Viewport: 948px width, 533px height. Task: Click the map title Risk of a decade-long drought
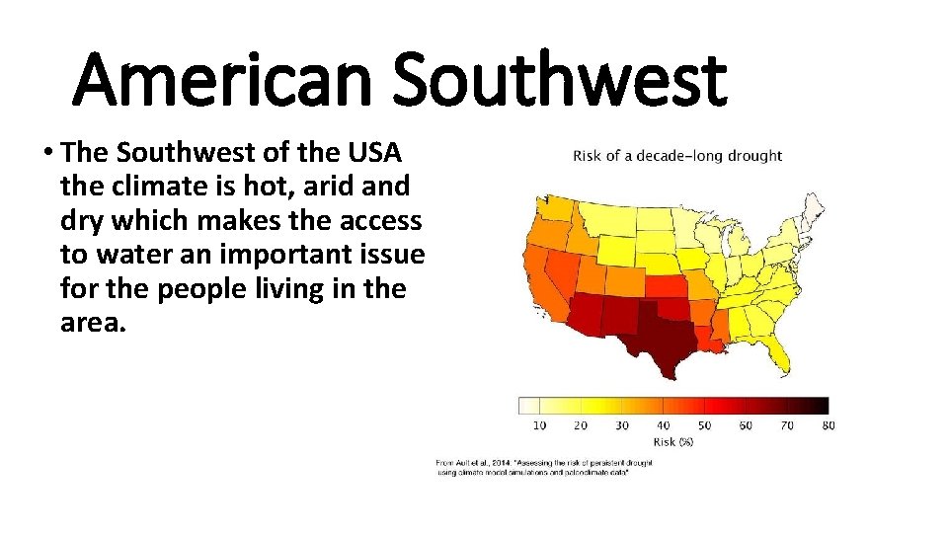pyautogui.click(x=677, y=156)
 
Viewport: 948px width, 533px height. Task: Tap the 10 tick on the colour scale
pyautogui.click(x=539, y=425)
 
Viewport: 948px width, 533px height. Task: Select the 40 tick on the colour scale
pyautogui.click(x=663, y=425)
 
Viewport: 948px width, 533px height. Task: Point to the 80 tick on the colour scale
pyautogui.click(x=828, y=425)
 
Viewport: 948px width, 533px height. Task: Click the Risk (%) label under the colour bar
pyautogui.click(x=671, y=441)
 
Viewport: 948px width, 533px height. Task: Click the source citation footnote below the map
pyautogui.click(x=533, y=467)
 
